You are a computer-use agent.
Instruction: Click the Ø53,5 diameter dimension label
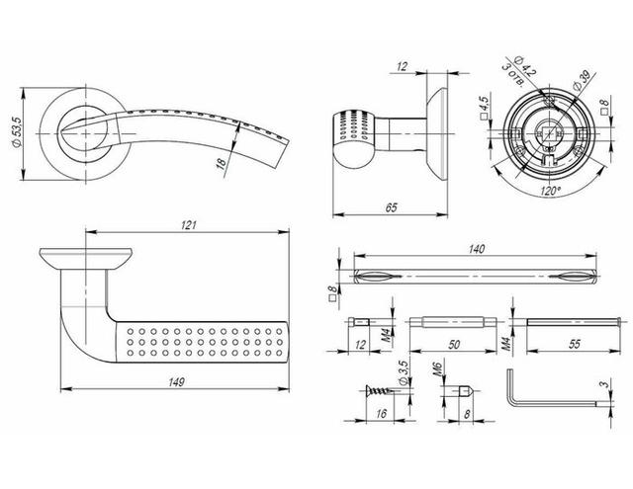tap(17, 133)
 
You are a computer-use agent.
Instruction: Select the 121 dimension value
tap(188, 225)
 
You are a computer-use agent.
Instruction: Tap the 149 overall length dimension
tap(176, 382)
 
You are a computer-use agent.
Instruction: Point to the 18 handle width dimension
tap(221, 163)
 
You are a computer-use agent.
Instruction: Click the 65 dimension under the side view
tap(392, 207)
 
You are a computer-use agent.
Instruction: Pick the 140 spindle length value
tap(477, 249)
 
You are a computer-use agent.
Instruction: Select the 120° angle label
tap(550, 191)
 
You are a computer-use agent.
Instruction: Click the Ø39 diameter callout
tap(581, 80)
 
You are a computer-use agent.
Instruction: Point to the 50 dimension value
tap(454, 345)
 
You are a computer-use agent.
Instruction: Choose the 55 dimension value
tap(574, 344)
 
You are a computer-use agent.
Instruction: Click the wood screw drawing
tap(378, 390)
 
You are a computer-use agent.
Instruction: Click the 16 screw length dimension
tap(381, 414)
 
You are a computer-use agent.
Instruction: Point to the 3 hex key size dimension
tap(604, 384)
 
